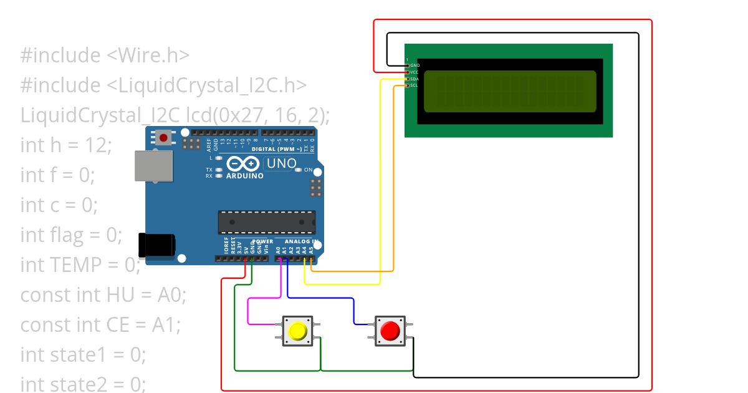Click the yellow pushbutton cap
pos(299,330)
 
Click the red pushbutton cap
pos(390,330)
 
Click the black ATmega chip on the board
pos(266,223)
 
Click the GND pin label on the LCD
pos(415,65)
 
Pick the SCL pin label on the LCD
pos(415,85)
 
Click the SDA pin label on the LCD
pos(415,79)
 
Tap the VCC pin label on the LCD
pos(415,72)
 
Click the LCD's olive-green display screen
pos(510,91)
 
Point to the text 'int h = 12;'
pos(66,145)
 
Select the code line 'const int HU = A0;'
pos(103,295)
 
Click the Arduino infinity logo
pos(242,164)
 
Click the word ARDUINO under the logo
pos(244,176)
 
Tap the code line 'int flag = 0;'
pos(71,235)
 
